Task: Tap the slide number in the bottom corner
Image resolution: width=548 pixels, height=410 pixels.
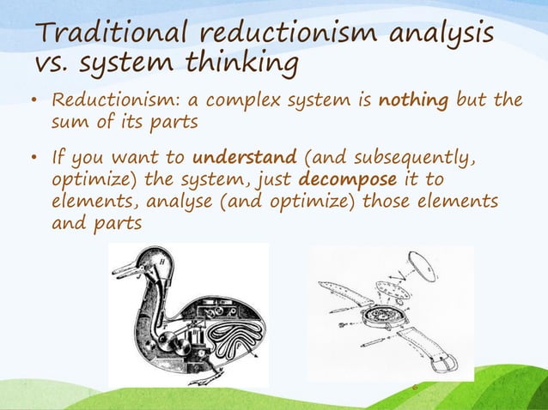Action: [x=414, y=388]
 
